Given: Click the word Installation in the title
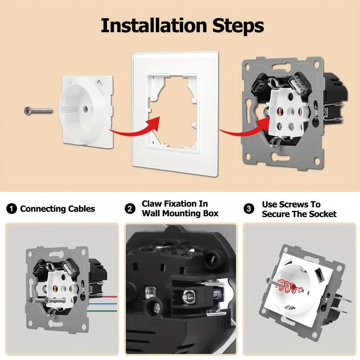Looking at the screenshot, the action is tap(154, 25).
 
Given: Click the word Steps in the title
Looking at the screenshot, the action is tap(238, 25).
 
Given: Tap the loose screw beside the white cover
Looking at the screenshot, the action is tap(39, 111).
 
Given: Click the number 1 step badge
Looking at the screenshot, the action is tap(12, 209).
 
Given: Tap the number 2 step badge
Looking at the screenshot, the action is tap(130, 209).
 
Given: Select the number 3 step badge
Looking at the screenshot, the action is tap(249, 209).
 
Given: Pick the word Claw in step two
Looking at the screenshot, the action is tap(150, 204).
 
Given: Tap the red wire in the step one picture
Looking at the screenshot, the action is tap(110, 297).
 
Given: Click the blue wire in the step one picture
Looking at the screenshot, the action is tap(103, 304).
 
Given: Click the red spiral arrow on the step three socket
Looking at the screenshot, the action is tap(290, 287).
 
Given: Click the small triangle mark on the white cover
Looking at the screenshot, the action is tap(100, 82).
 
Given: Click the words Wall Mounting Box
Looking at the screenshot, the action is tap(180, 213).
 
